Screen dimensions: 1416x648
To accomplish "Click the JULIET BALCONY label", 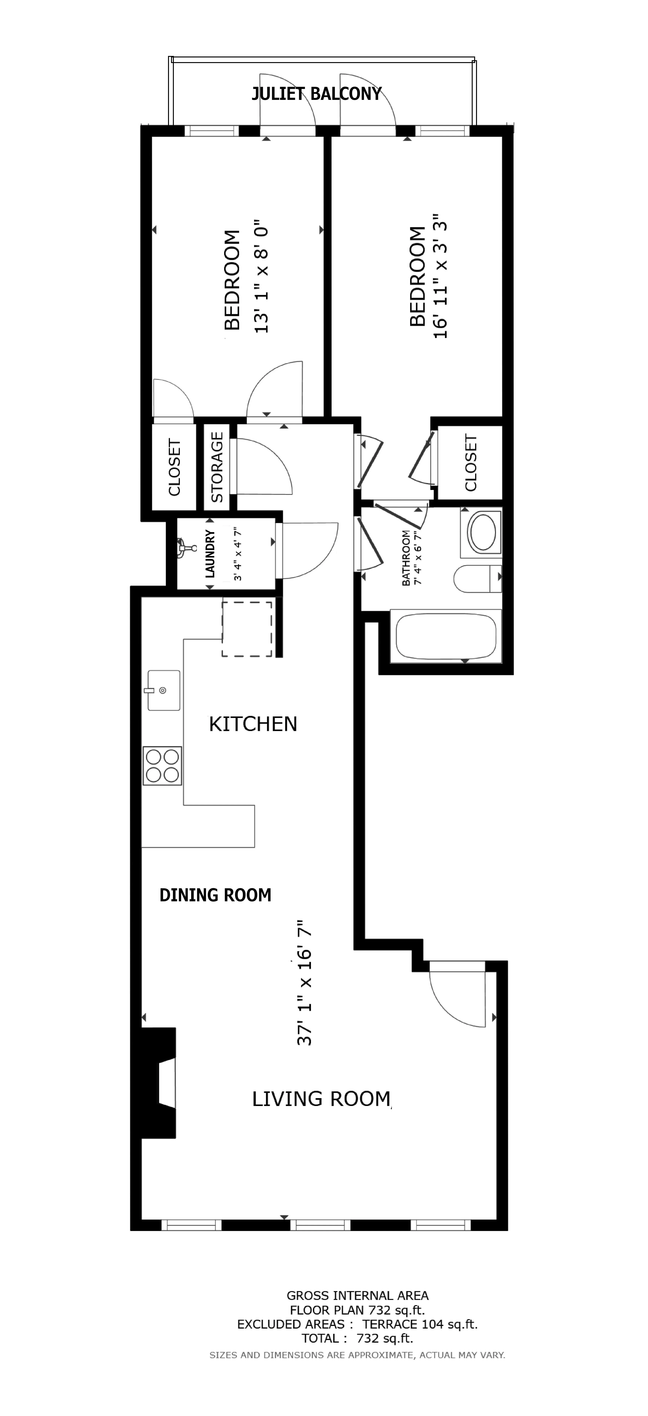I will [x=317, y=94].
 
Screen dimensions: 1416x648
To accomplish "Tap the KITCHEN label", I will [x=253, y=724].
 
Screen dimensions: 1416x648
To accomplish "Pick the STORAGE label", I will [x=217, y=467].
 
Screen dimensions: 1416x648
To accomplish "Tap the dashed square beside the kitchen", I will [x=247, y=629].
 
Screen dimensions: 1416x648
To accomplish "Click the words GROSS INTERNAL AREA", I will [x=357, y=1296].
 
